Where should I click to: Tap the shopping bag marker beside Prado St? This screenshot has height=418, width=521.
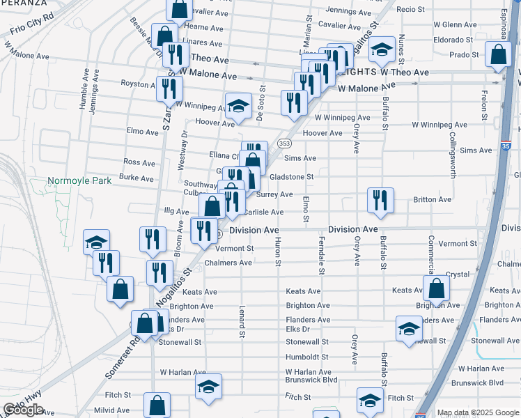(x=499, y=56)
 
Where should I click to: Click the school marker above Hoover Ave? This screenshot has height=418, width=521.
(x=238, y=106)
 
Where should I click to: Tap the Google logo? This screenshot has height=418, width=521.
(x=24, y=410)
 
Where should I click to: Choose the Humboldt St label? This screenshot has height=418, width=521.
(x=306, y=357)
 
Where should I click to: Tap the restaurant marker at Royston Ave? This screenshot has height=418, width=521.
(x=169, y=88)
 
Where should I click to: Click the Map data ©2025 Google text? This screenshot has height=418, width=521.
(x=479, y=412)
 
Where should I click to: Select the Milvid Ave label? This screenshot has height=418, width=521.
(x=113, y=411)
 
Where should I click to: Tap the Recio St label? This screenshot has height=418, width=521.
(x=410, y=9)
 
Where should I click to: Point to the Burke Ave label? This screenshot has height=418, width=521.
(x=137, y=178)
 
